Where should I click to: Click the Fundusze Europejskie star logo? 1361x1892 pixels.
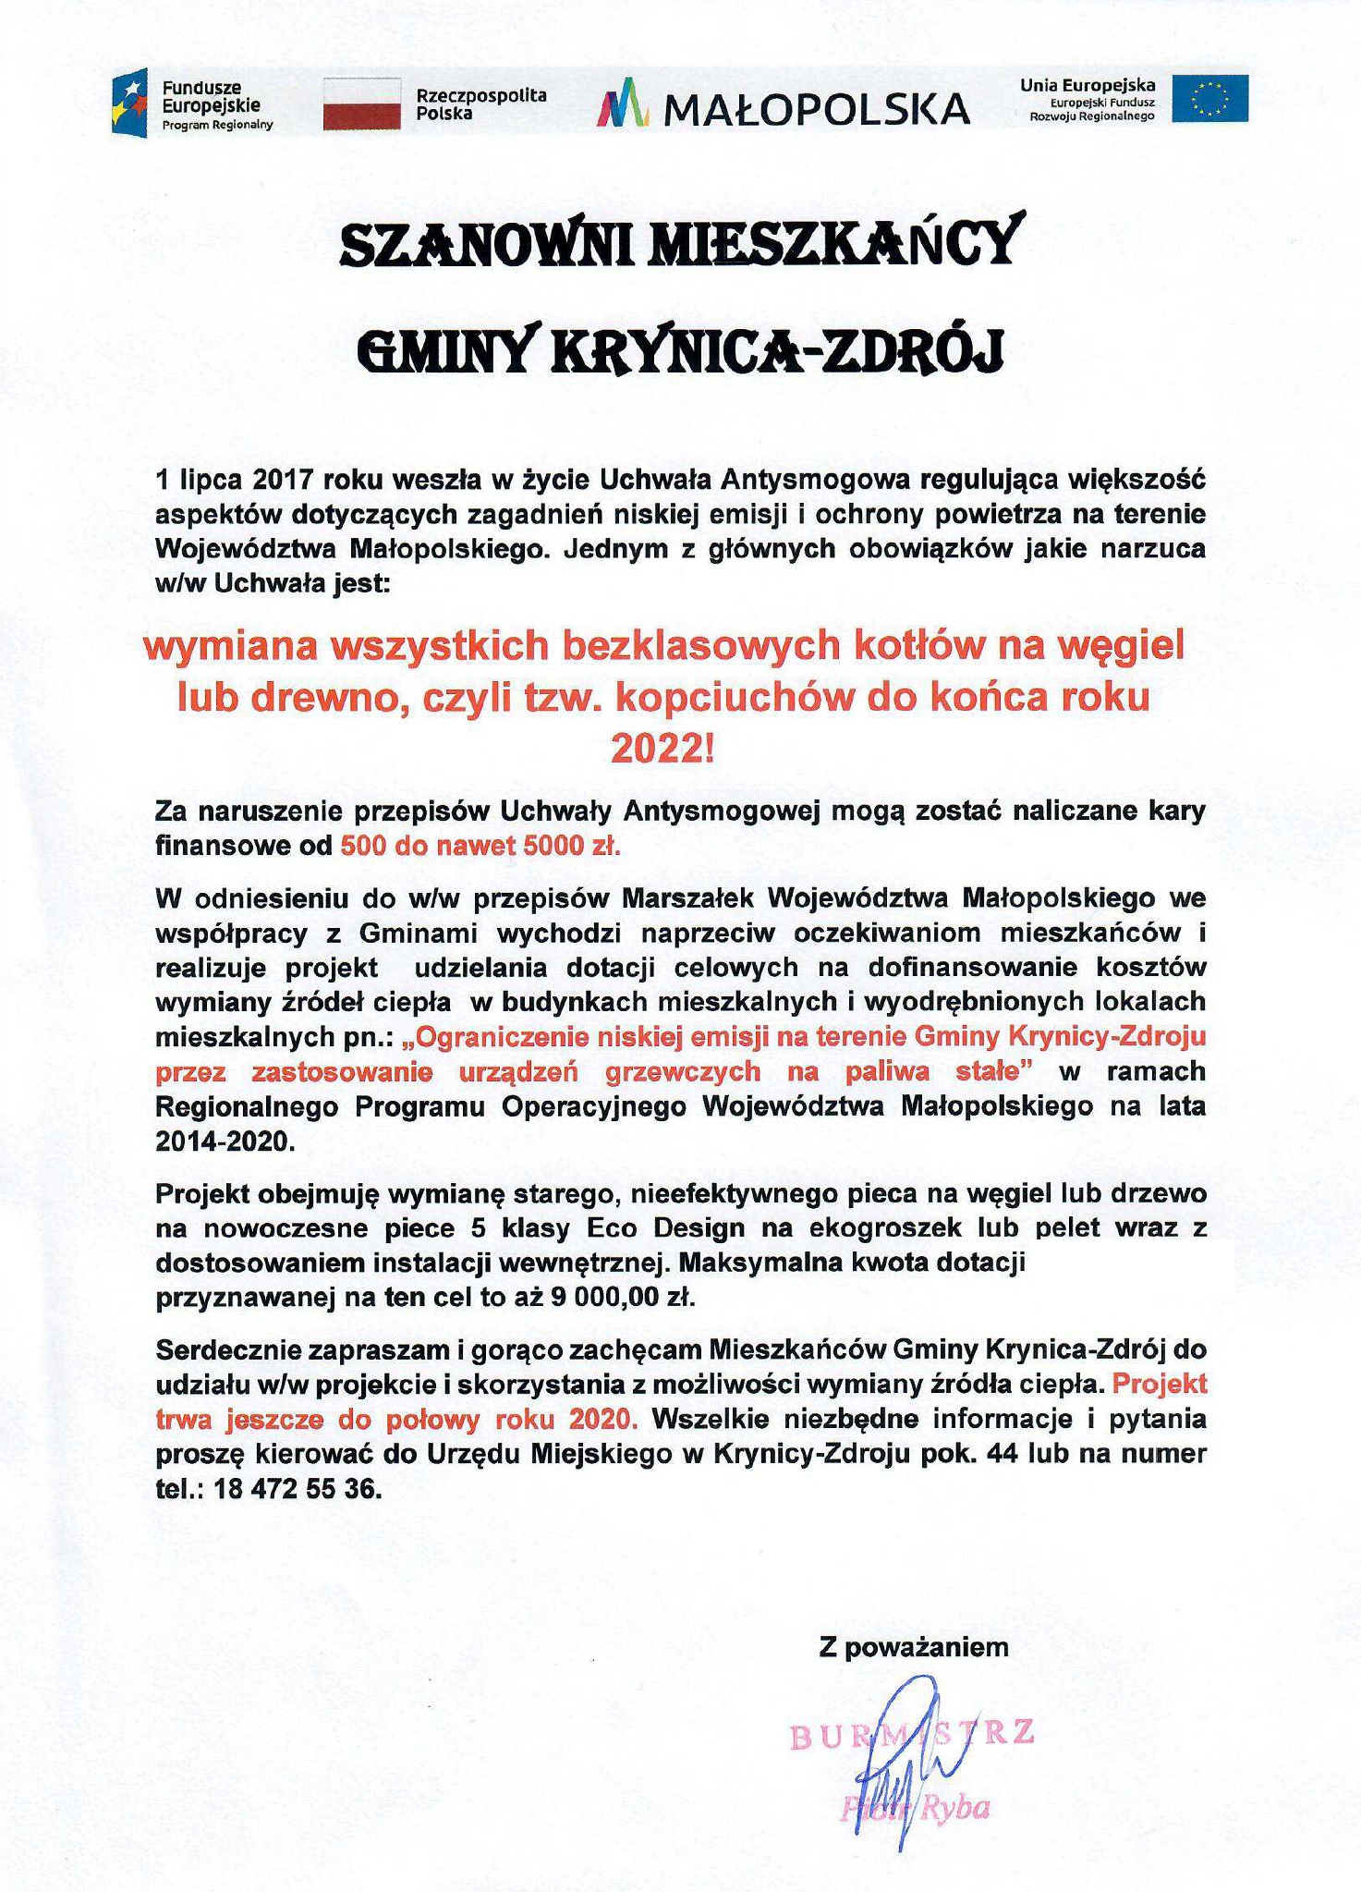click(x=129, y=102)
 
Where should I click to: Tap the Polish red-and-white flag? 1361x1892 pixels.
click(x=361, y=103)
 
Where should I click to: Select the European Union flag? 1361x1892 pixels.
click(x=1209, y=99)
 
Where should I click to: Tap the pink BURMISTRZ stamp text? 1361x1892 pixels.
click(x=912, y=1734)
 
